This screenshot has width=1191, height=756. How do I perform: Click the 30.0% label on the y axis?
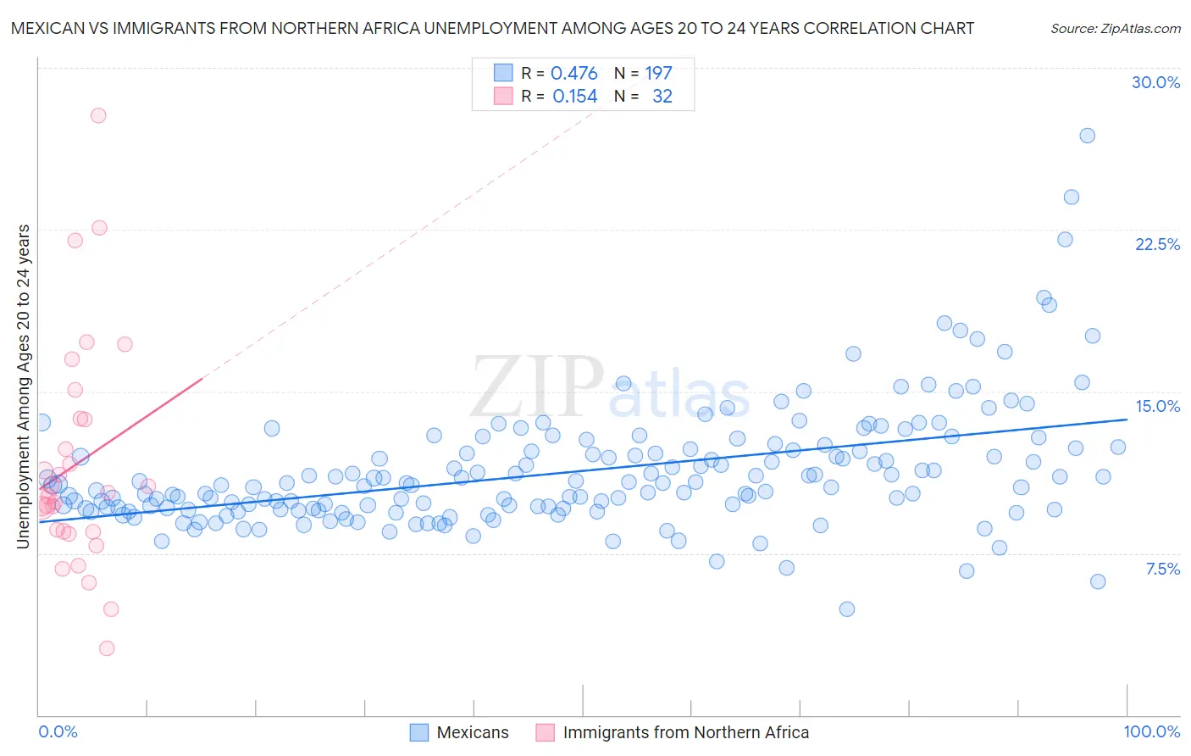pos(1155,82)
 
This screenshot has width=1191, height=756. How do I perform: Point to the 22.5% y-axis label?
pos(1157,244)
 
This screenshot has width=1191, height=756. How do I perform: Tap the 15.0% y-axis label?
pos(1157,406)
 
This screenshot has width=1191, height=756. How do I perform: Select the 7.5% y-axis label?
pos(1162,569)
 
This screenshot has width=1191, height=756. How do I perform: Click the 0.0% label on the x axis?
pos(58,731)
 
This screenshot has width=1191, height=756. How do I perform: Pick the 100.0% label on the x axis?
pos(1151,731)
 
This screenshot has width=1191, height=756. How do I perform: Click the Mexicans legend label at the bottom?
pos(473,732)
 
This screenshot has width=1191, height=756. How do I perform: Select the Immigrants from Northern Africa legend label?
pos(685,732)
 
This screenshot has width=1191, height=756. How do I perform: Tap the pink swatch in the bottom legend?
pos(545,732)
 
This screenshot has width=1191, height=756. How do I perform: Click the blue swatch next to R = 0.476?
pos(503,73)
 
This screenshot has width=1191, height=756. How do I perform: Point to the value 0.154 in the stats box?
pos(574,97)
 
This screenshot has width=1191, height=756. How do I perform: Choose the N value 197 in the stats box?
pos(658,74)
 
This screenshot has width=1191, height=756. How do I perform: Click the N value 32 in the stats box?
pos(662,97)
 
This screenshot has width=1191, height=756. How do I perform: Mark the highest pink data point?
pos(98,115)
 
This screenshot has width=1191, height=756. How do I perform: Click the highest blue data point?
pos(1087,136)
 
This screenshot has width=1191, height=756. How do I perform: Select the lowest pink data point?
pos(107,648)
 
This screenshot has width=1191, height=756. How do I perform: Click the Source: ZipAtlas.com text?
pos(1115,28)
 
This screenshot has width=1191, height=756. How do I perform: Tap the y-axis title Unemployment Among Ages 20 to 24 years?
pos(24,386)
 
